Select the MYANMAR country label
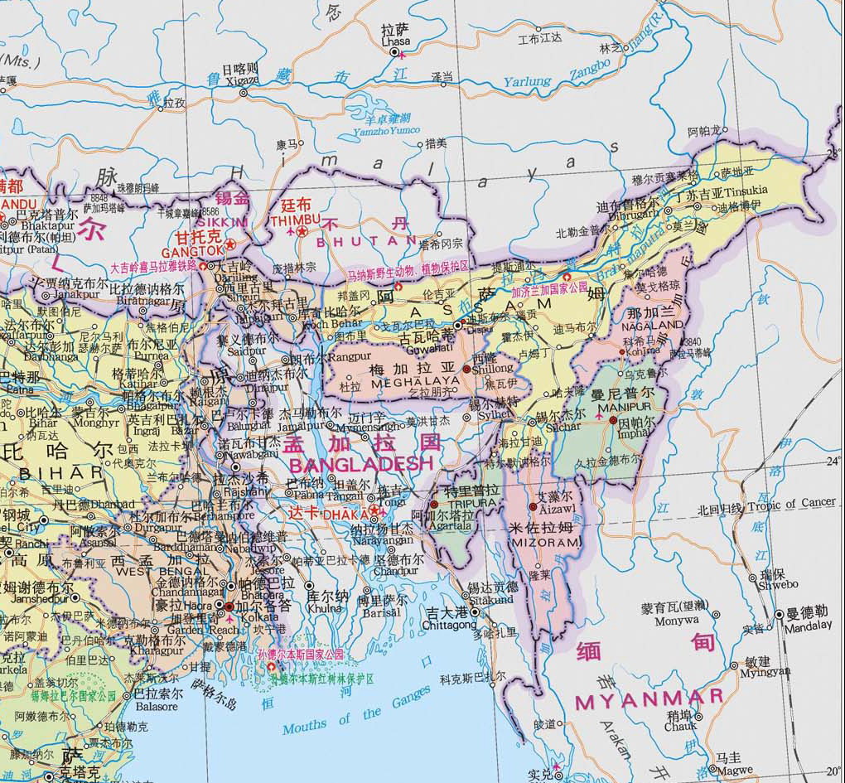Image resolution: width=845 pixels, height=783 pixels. pos(649,699)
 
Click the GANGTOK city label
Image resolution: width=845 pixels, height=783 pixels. pos(192,250)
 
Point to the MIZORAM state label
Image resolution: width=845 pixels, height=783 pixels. pos(543,542)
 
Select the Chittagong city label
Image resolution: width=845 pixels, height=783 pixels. pos(451,626)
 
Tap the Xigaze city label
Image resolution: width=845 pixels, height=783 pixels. pos(239,80)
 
